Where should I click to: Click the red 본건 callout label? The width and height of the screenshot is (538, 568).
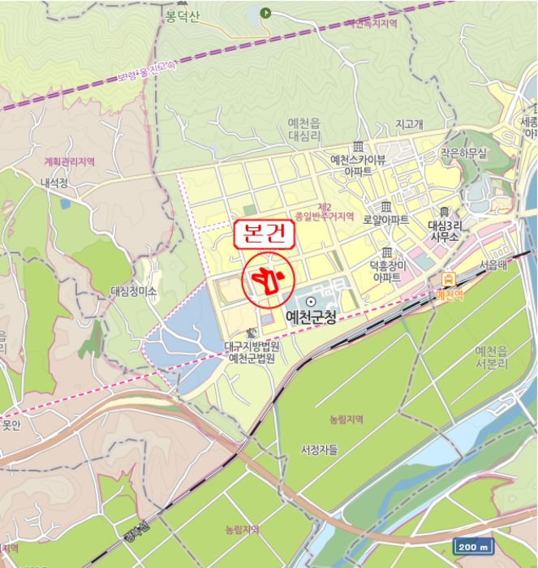[x=264, y=235]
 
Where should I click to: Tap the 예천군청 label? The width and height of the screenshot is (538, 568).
[x=311, y=316]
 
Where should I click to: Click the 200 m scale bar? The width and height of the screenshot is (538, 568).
[x=473, y=546]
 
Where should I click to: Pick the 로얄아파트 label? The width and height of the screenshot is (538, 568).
[x=385, y=219]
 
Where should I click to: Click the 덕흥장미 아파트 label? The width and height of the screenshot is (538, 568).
[x=386, y=271]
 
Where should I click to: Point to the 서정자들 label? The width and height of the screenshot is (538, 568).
[x=318, y=449]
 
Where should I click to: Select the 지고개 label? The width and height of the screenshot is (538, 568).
[x=409, y=124]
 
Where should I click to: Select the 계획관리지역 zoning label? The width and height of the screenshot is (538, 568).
[x=70, y=161]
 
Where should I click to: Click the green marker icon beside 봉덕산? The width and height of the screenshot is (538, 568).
[x=265, y=12]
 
